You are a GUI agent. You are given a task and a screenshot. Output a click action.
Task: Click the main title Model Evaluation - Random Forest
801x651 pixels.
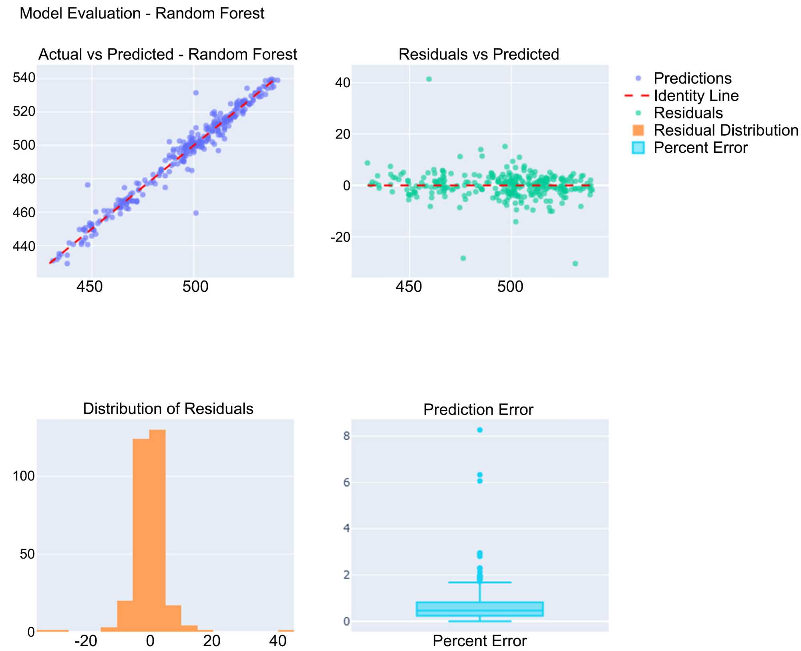(x=142, y=14)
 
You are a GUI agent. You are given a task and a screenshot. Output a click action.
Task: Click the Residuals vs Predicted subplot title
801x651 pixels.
(x=479, y=54)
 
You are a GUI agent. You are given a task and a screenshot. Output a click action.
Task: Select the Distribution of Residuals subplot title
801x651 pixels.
(x=168, y=409)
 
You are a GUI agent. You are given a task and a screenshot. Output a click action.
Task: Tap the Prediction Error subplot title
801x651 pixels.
(x=478, y=409)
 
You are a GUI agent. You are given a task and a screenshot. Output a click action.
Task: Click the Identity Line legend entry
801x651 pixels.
(x=696, y=96)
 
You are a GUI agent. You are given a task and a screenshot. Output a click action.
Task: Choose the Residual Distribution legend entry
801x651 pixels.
(x=726, y=130)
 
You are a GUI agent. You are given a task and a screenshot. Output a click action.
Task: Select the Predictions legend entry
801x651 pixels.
(x=692, y=78)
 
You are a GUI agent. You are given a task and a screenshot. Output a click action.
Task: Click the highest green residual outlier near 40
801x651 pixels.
(x=429, y=79)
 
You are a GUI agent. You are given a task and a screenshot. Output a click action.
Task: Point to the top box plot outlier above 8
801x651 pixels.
(x=480, y=430)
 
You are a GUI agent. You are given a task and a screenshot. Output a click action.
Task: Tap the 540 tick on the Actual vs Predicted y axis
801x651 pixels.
(x=24, y=78)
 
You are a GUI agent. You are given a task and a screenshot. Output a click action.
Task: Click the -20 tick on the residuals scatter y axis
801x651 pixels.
(x=340, y=237)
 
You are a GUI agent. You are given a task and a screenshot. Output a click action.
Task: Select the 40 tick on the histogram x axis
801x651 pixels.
(x=278, y=641)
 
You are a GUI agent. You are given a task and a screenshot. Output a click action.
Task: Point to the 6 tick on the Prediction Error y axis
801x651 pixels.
(x=346, y=483)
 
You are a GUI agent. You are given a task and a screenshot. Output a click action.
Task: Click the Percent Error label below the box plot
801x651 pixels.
(x=479, y=641)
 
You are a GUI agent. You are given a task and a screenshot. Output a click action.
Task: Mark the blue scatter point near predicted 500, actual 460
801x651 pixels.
(x=196, y=213)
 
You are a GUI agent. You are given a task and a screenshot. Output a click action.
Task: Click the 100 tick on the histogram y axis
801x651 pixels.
(x=24, y=476)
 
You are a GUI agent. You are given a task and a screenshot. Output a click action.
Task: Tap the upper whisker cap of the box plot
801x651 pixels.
(x=480, y=582)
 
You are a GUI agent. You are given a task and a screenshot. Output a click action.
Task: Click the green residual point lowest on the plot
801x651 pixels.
(x=575, y=263)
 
